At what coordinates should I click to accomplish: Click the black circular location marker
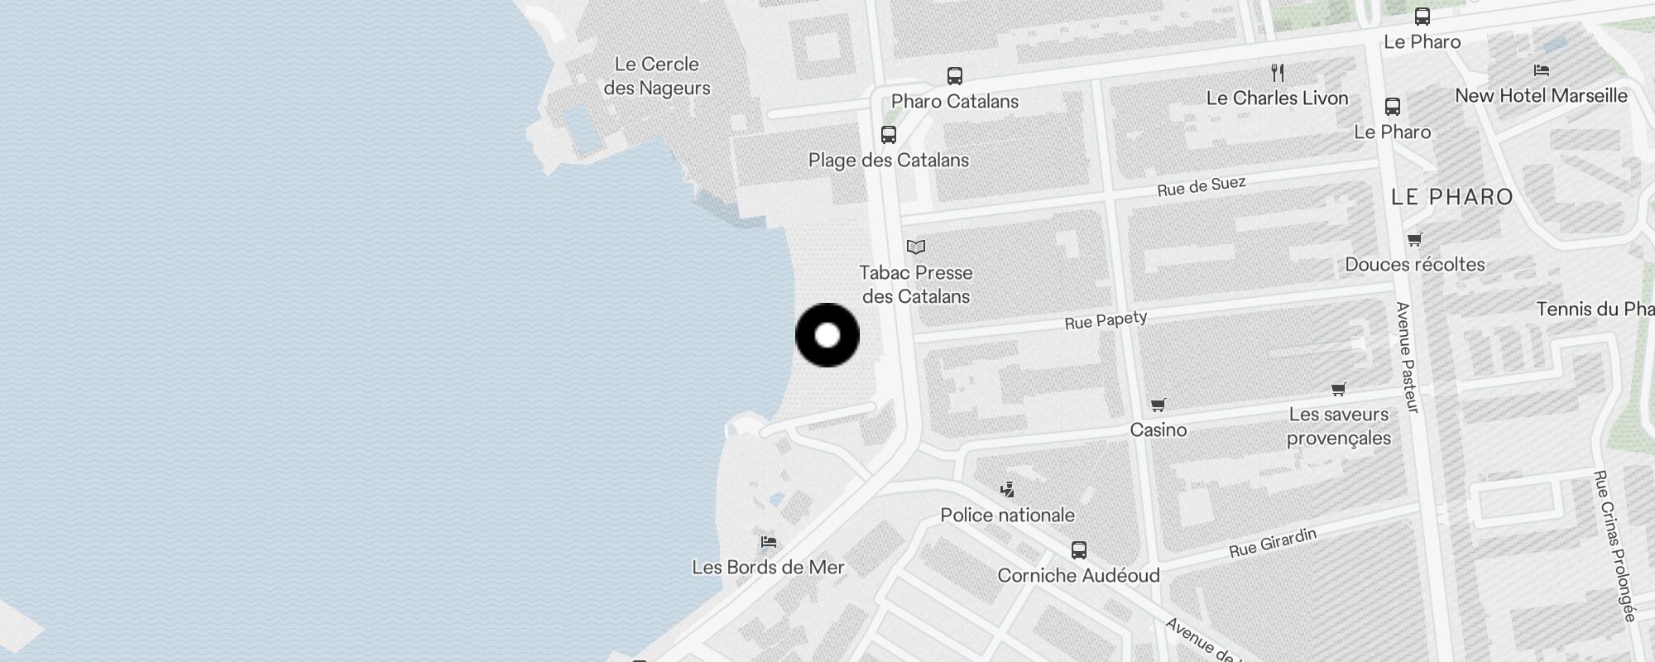point(827,335)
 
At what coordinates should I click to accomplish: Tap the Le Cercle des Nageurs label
point(657,76)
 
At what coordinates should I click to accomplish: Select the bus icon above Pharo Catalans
point(955,76)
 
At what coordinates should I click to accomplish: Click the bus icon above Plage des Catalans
point(889,135)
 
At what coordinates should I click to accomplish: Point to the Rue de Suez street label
point(1201,186)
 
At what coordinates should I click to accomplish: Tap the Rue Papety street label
point(1106,320)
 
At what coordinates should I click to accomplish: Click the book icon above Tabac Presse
point(916,247)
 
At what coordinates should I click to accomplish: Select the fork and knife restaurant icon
point(1278,73)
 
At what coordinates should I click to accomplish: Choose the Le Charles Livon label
point(1278,98)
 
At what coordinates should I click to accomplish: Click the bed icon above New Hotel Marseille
point(1541,70)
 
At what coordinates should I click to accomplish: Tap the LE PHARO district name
point(1452,197)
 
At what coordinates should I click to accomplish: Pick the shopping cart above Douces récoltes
point(1415,240)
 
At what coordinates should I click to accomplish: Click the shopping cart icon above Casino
point(1158,405)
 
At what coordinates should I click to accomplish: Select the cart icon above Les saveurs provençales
point(1339,389)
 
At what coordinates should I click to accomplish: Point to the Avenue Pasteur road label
point(1407,357)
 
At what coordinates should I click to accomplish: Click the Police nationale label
point(1007,516)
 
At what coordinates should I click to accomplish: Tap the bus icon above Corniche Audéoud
point(1079,550)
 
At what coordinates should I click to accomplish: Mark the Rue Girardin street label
point(1273,543)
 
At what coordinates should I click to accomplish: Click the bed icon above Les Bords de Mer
point(769,542)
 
